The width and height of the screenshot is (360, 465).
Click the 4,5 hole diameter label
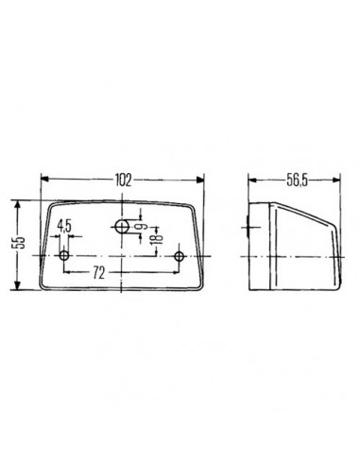click(x=63, y=226)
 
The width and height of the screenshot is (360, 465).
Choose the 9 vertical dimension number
click(x=141, y=228)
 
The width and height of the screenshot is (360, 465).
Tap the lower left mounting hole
click(x=64, y=257)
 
